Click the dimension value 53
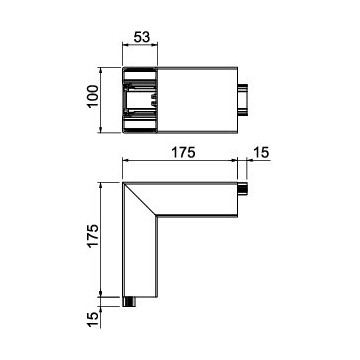tap(142, 37)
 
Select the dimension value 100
tap(93, 96)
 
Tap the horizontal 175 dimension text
tap(183, 152)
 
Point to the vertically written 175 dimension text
tap(93, 235)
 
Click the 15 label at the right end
tap(261, 152)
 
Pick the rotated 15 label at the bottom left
tap(93, 320)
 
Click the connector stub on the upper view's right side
tap(243, 100)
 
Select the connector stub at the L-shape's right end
tap(242, 189)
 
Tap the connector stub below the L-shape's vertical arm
tap(129, 302)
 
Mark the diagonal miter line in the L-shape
tap(140, 199)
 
